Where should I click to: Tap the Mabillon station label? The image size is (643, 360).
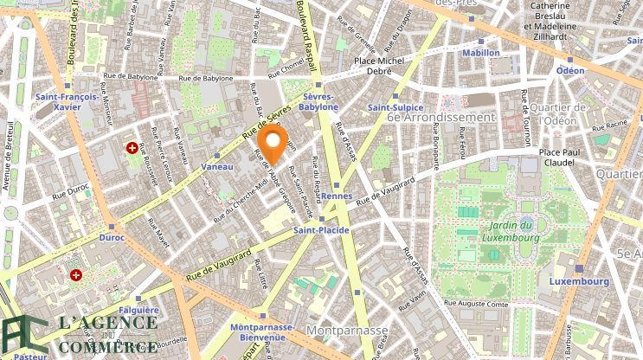coord(481,53)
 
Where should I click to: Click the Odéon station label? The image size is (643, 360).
coord(570,70)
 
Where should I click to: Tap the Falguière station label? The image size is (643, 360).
coord(138,310)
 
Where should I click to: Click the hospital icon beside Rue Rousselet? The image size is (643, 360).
coord(132,148)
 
